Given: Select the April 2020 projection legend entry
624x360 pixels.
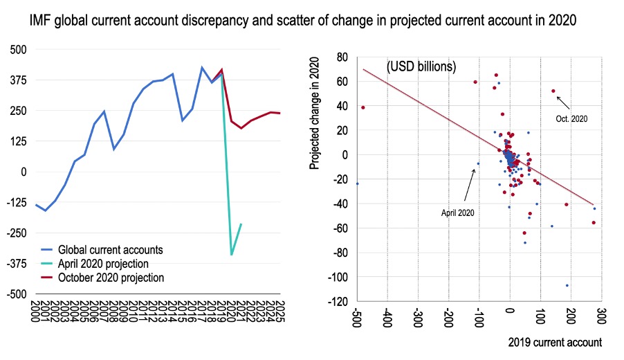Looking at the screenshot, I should pos(103,264).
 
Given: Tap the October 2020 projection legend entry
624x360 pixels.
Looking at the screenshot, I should pos(111,278).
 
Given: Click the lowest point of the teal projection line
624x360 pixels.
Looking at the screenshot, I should pos(231,255).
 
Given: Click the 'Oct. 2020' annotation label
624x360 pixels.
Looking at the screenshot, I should pos(571,119).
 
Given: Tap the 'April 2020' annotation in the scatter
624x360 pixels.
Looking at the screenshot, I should pos(458,213).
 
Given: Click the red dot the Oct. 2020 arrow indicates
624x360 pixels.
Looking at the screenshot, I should pos(553,91).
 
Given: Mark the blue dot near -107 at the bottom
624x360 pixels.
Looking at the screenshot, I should pos(567,285).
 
